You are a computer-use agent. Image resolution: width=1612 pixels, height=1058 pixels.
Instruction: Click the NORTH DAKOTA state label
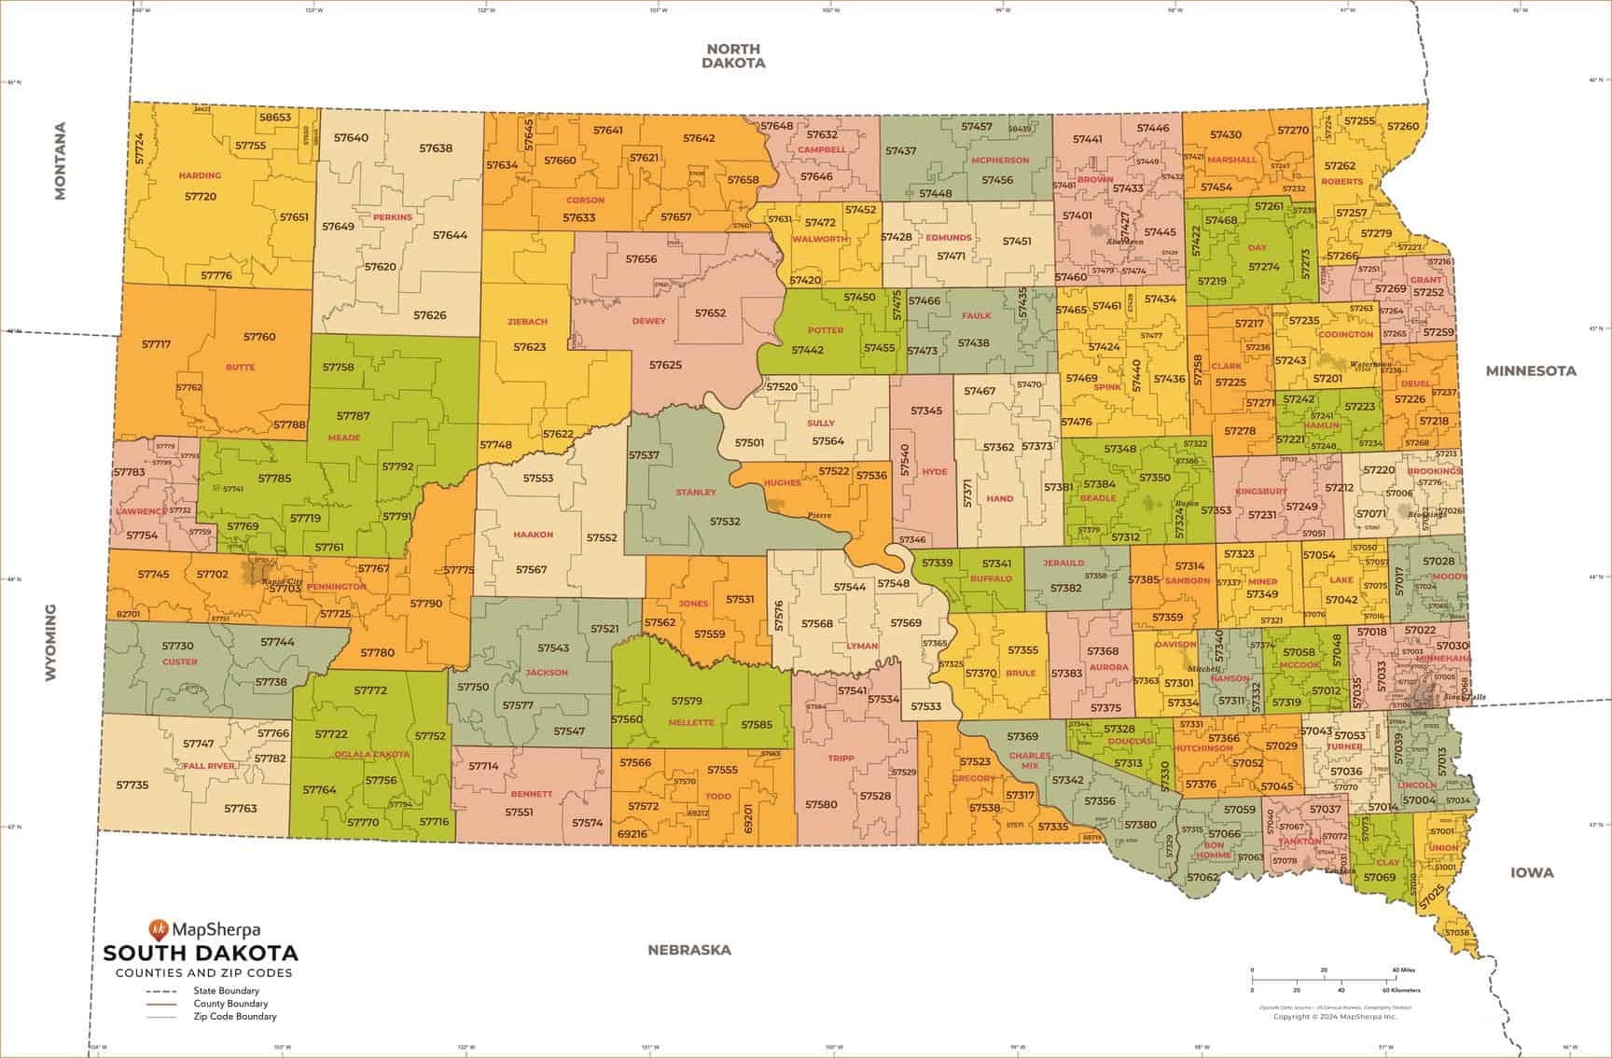point(733,56)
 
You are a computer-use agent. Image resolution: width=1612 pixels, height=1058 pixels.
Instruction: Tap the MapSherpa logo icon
point(159,928)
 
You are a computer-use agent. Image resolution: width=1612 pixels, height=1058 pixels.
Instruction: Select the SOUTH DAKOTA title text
point(201,954)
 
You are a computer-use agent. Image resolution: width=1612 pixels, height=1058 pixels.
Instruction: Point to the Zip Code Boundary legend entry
point(234,1017)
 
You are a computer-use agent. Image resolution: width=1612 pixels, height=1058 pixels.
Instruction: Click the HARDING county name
point(200,175)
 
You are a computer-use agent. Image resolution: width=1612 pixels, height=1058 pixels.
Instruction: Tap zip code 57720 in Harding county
point(200,197)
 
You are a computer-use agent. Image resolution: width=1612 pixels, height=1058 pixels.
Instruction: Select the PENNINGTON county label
point(336,587)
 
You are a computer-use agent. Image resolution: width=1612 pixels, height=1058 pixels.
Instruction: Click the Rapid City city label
point(285,581)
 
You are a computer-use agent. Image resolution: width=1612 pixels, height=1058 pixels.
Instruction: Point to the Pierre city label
point(819,515)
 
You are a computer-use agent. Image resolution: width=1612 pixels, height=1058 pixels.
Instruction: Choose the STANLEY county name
point(696,493)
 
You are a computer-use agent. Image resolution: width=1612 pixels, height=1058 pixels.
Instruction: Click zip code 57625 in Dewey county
point(665,365)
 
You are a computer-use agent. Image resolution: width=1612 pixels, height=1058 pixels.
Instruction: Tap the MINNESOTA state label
point(1531,370)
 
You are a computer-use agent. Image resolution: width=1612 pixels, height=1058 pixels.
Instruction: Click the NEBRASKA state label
point(689,950)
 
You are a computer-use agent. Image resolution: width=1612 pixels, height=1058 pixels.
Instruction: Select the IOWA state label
point(1532,872)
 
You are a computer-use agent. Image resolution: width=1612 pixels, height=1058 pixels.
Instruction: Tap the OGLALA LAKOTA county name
point(373,754)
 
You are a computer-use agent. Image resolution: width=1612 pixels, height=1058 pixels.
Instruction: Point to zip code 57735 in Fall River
point(132,786)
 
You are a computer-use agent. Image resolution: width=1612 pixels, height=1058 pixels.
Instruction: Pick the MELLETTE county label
point(691,723)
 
